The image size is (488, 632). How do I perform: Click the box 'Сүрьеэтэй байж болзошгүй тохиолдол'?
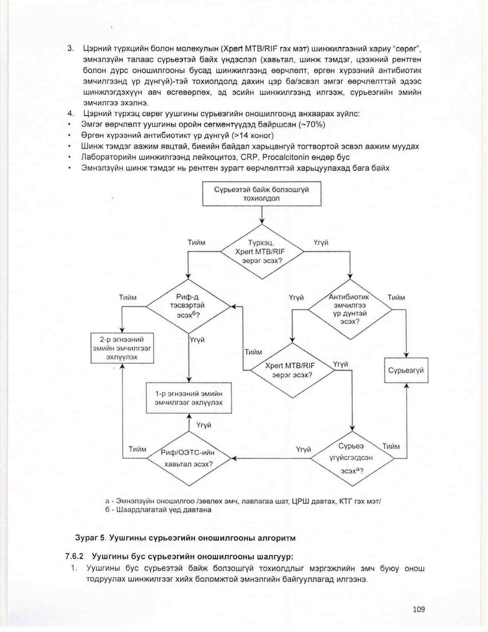click(x=261, y=194)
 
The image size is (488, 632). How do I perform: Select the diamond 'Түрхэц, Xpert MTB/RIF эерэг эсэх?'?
click(x=262, y=252)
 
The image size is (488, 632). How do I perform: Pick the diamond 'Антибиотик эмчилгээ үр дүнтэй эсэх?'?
click(x=350, y=309)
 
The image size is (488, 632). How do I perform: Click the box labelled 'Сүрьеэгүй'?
click(x=406, y=370)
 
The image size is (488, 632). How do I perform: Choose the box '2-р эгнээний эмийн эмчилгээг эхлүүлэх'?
click(x=122, y=348)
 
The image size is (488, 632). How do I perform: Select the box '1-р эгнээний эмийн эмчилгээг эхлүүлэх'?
click(x=189, y=398)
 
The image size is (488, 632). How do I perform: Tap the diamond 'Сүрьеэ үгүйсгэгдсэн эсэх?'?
click(x=351, y=458)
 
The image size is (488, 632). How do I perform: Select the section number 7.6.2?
click(x=74, y=556)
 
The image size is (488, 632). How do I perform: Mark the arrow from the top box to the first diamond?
click(x=262, y=215)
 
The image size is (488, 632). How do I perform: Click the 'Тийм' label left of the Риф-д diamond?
click(x=128, y=298)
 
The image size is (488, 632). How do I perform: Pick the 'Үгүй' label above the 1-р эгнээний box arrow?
click(x=204, y=425)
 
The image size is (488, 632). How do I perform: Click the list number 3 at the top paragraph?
click(x=70, y=49)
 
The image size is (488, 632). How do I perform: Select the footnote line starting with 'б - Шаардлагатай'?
click(x=158, y=510)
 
